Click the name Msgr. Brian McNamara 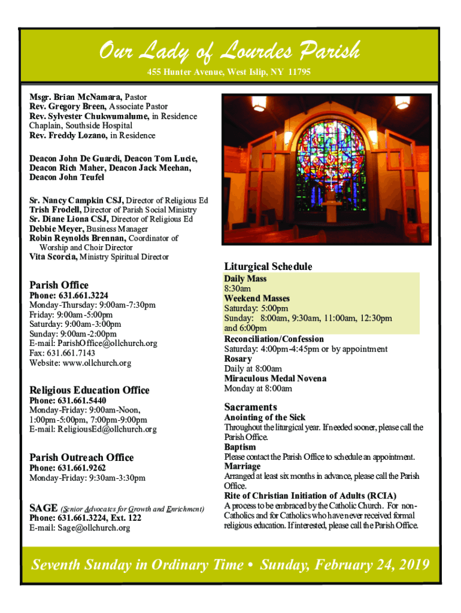click(76, 96)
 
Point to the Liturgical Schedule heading click(268, 266)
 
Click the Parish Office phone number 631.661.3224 click(83, 296)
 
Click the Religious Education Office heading click(89, 390)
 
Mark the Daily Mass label click(245, 279)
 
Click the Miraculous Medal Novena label click(267, 378)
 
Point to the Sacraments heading click(250, 406)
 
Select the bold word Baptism click(240, 447)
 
